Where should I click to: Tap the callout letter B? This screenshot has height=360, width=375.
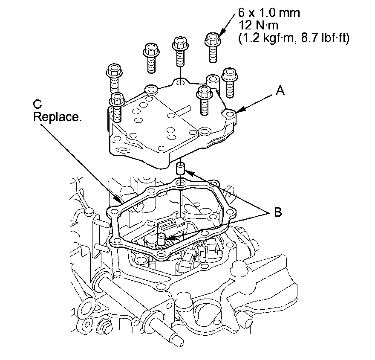click(x=277, y=212)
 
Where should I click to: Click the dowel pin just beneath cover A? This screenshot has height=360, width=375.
click(x=181, y=168)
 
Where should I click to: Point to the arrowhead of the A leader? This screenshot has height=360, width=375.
click(x=237, y=112)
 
